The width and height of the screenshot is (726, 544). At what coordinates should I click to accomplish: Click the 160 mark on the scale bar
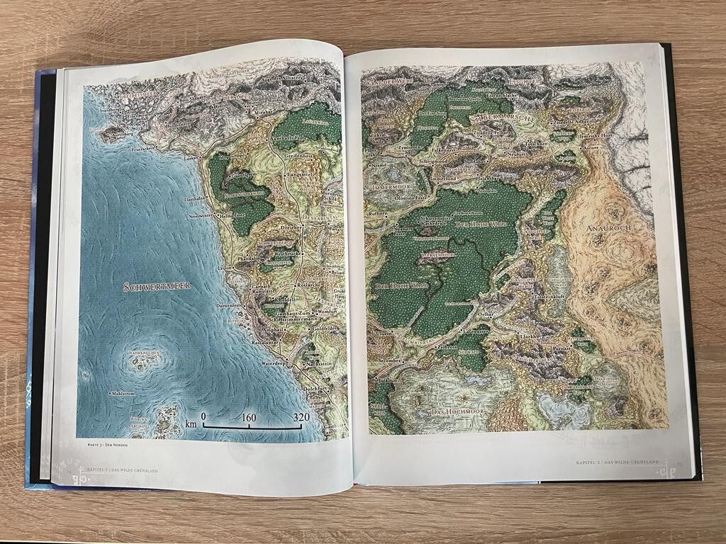tap(249, 417)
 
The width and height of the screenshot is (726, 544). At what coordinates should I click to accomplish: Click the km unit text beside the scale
tap(191, 424)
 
